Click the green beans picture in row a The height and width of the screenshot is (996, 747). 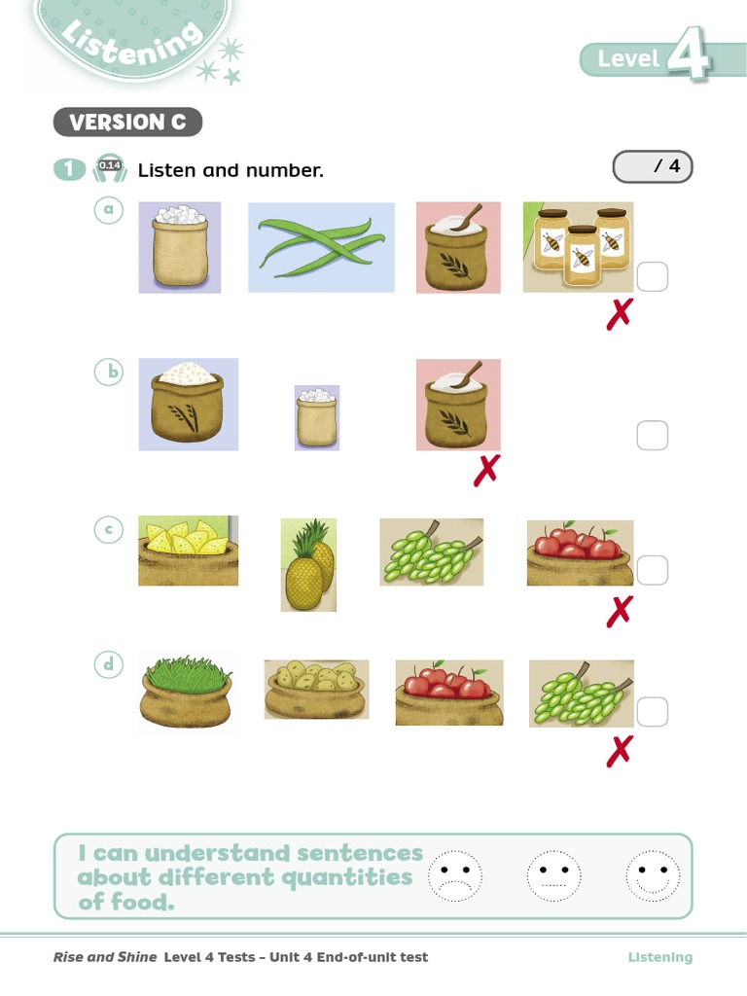click(x=321, y=247)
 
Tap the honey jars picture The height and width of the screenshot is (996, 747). click(x=579, y=247)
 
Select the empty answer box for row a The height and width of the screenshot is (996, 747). click(x=653, y=277)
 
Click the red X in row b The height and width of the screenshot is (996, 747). click(x=485, y=471)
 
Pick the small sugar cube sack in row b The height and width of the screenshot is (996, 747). click(x=317, y=417)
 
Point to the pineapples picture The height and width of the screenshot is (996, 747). click(x=309, y=565)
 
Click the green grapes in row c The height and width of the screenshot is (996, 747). click(x=431, y=552)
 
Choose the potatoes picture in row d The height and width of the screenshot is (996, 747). click(x=316, y=690)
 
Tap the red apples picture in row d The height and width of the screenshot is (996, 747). click(x=449, y=693)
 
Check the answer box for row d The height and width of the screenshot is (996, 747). click(x=653, y=712)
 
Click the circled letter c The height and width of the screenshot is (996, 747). click(x=108, y=530)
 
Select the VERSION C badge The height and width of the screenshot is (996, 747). click(x=127, y=123)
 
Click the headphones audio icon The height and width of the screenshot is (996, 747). click(x=109, y=169)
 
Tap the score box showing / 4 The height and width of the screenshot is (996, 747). click(x=653, y=167)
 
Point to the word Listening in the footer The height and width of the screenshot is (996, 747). click(x=659, y=957)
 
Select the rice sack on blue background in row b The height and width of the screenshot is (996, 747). click(x=188, y=405)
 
